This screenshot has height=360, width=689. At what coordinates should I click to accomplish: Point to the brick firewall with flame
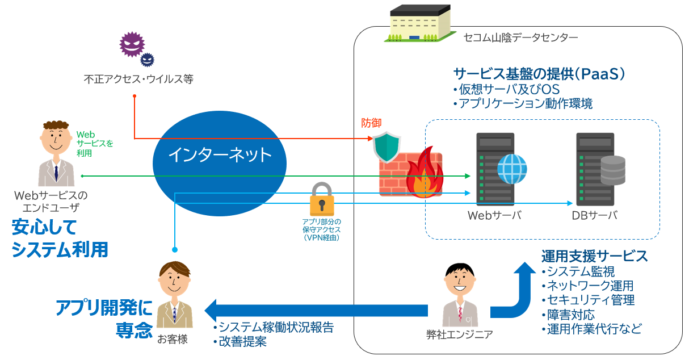[412, 173]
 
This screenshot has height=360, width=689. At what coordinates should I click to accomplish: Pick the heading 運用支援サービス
[594, 256]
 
